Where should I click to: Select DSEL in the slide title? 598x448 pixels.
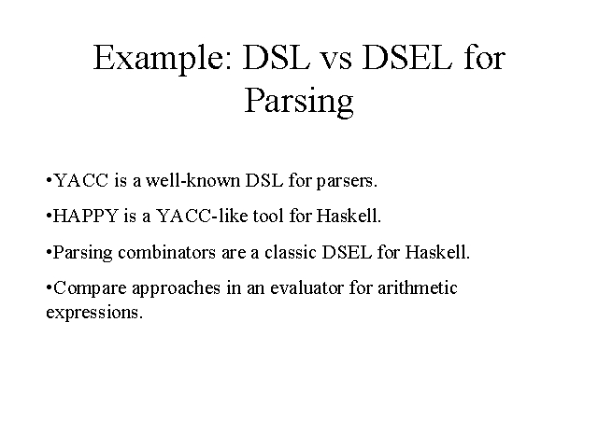[x=407, y=57]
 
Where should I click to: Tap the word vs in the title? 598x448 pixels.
[x=335, y=61]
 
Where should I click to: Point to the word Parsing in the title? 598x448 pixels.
[x=299, y=101]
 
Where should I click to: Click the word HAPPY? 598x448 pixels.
[x=85, y=216]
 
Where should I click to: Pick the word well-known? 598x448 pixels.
[x=192, y=180]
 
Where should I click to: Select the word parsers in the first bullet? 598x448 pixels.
[x=347, y=181]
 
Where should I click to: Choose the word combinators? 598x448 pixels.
[x=166, y=252]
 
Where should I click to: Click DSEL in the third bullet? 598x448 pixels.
[x=347, y=252]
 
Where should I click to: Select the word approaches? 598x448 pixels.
[x=177, y=288]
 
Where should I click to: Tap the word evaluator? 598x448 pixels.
[x=307, y=287]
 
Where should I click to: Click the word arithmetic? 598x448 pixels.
[x=418, y=287]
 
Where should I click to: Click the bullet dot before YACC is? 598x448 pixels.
[x=49, y=180]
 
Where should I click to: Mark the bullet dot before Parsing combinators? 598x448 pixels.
[x=49, y=252]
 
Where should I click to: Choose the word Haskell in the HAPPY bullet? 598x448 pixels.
[x=349, y=216]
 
